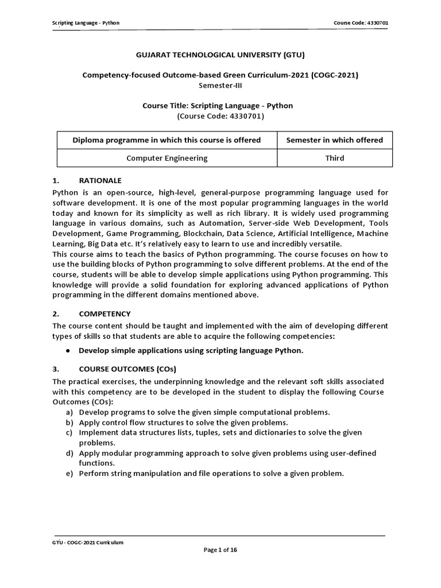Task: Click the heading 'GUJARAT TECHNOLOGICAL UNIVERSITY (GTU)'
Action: pos(220,55)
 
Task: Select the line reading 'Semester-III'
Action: pos(220,85)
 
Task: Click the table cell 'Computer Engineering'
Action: pos(167,158)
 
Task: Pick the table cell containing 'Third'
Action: pos(335,158)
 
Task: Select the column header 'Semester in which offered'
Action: pos(335,140)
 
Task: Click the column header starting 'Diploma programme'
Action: pos(167,140)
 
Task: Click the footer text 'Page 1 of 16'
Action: pos(220,550)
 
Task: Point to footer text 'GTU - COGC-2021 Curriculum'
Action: pos(88,542)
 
